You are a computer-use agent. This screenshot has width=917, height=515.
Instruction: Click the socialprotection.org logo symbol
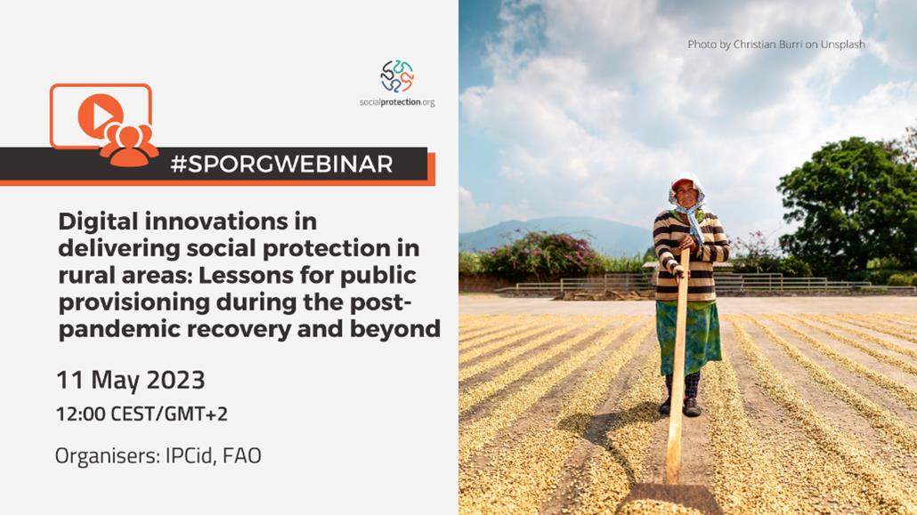point(397,76)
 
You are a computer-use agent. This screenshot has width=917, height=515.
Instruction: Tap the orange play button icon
point(100,115)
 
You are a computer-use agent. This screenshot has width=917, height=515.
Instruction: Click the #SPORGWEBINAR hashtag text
point(282,165)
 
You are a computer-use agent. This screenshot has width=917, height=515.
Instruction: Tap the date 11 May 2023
point(130,380)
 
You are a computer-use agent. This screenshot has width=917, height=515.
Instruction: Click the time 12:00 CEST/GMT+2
point(142,414)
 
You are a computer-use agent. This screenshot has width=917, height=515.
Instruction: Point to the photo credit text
point(776,44)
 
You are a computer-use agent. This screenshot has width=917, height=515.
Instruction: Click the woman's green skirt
point(688,337)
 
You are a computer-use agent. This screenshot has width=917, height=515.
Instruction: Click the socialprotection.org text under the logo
point(397,102)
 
